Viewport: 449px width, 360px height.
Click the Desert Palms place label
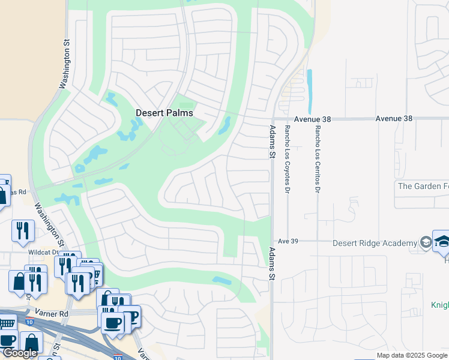point(164,113)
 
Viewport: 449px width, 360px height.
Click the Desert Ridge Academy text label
point(375,243)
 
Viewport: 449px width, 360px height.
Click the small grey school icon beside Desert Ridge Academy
point(426,242)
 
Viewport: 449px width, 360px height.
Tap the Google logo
point(20,353)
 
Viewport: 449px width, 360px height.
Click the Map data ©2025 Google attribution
point(411,355)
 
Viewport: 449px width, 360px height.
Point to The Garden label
point(423,186)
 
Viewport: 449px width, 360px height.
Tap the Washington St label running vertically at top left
point(64,64)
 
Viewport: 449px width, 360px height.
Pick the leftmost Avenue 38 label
point(312,119)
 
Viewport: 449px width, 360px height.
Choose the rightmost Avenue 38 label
point(394,119)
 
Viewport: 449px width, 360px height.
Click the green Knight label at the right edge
point(439,305)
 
